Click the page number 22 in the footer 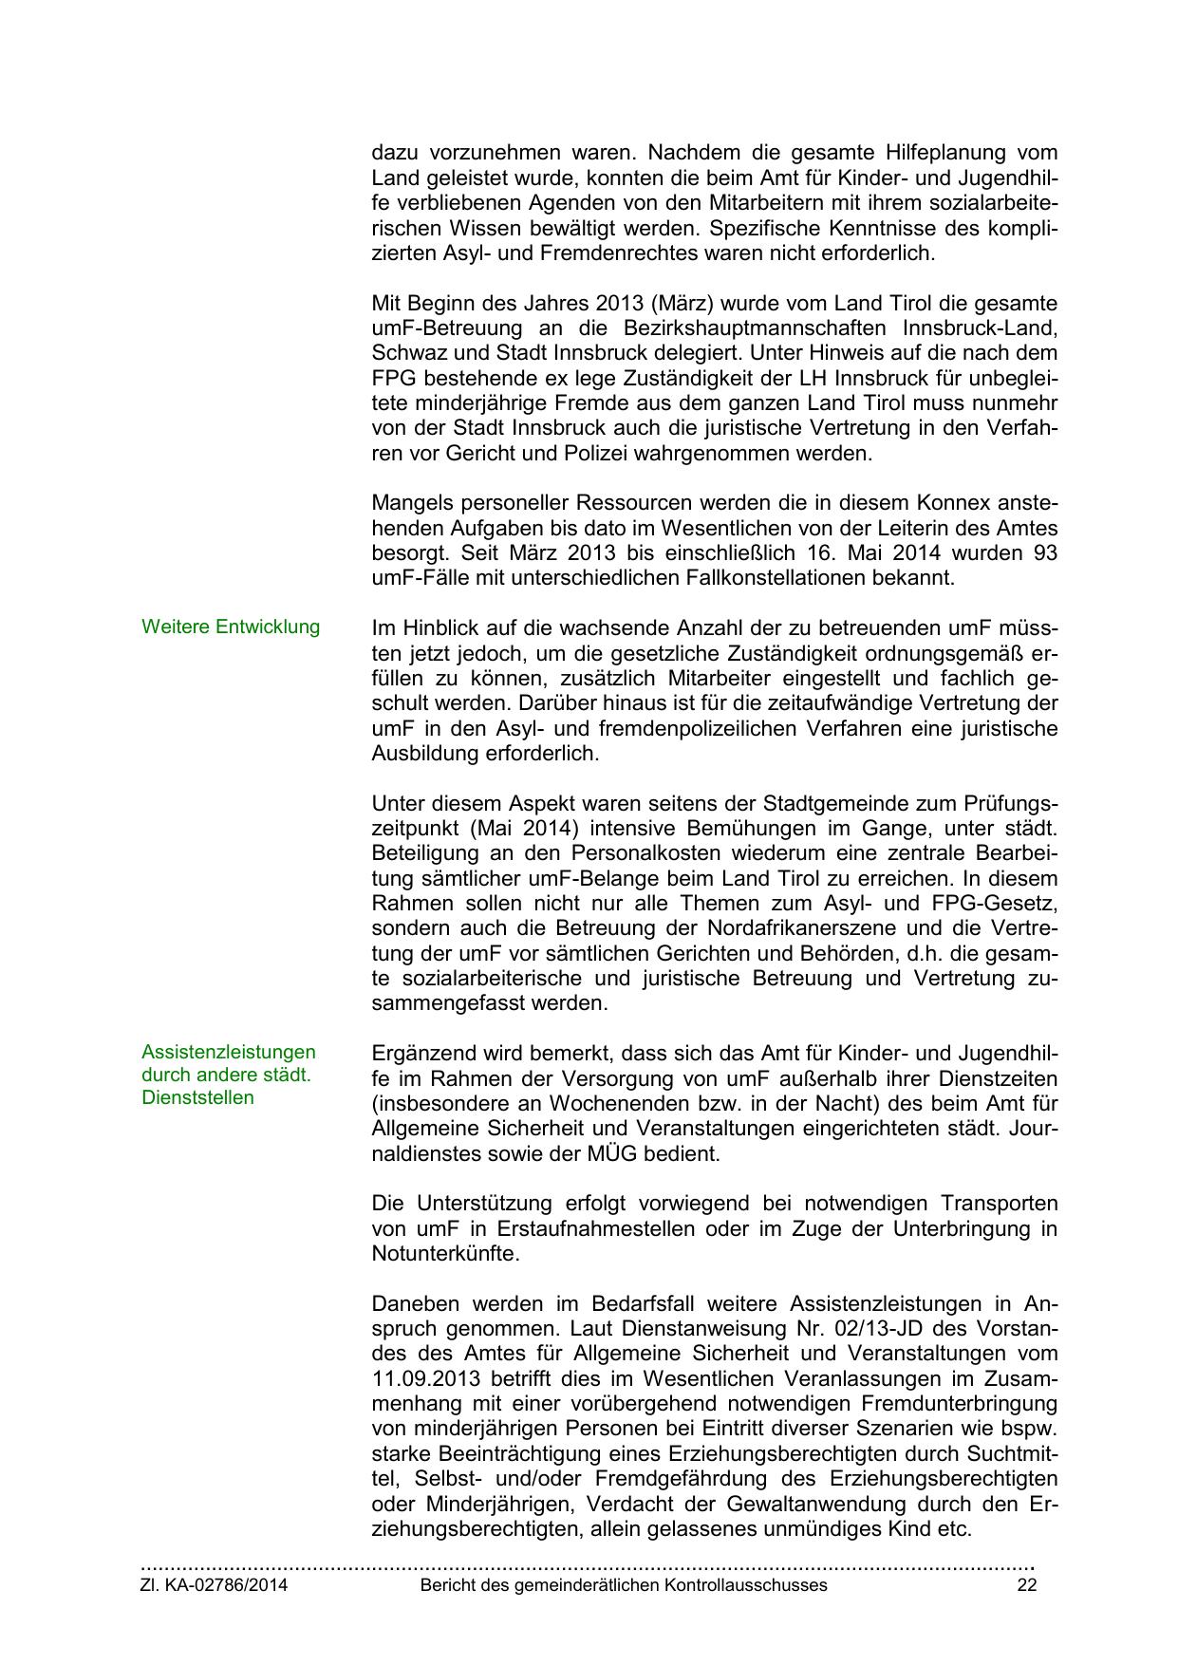coord(1026,1585)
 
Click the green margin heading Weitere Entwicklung coord(231,627)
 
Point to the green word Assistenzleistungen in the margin coord(229,1052)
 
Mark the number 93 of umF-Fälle coord(1044,552)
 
